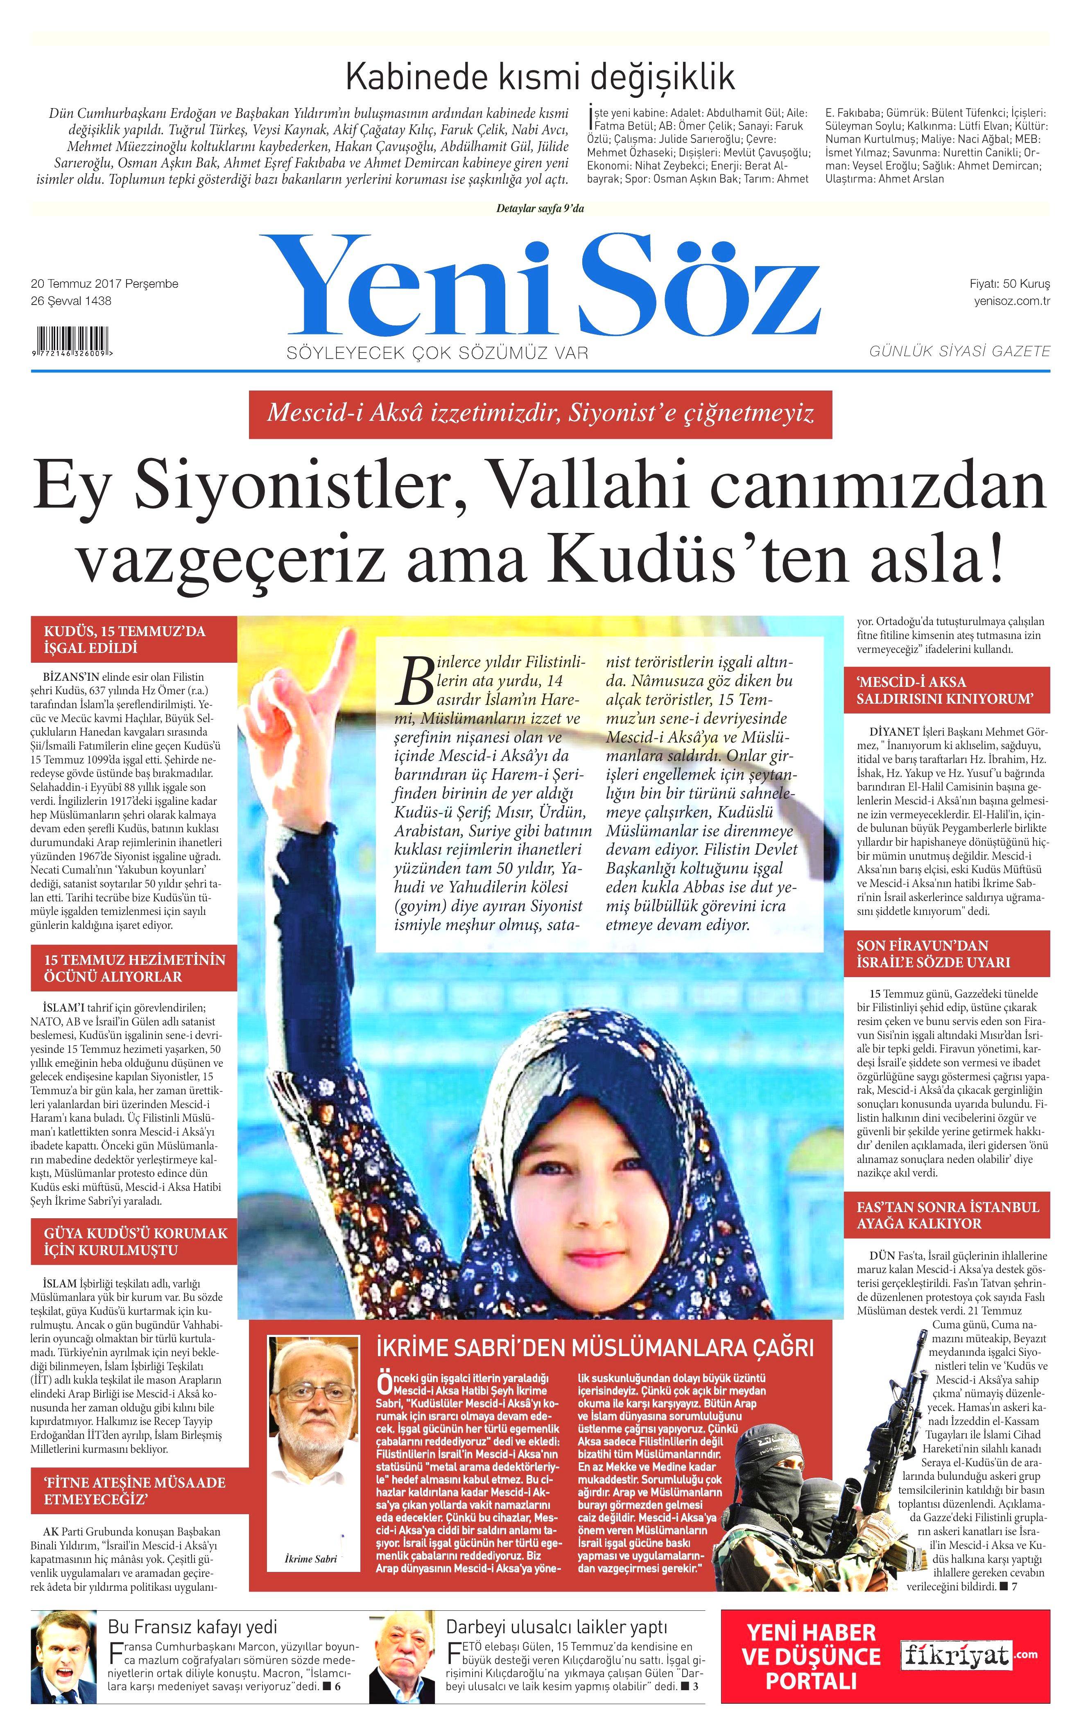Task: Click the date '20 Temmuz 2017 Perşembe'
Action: click(x=104, y=284)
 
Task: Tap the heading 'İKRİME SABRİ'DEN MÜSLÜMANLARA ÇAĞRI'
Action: click(x=595, y=1348)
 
